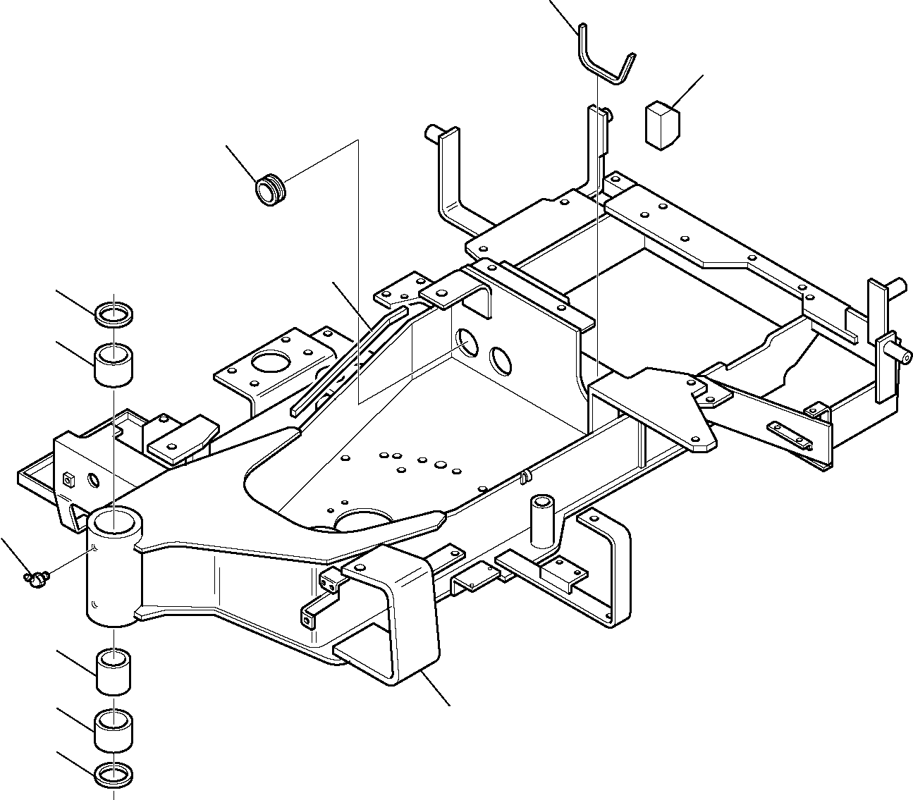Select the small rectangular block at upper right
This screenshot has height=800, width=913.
click(661, 125)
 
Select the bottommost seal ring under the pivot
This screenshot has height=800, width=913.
click(115, 773)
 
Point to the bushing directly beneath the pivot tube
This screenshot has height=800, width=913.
click(115, 672)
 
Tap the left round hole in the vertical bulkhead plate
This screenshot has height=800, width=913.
click(467, 343)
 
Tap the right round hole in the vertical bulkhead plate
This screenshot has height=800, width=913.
click(501, 359)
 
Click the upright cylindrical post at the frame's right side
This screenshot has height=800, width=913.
click(542, 521)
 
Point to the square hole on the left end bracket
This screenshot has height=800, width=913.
click(68, 479)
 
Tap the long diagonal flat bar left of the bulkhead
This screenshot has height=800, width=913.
click(349, 357)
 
